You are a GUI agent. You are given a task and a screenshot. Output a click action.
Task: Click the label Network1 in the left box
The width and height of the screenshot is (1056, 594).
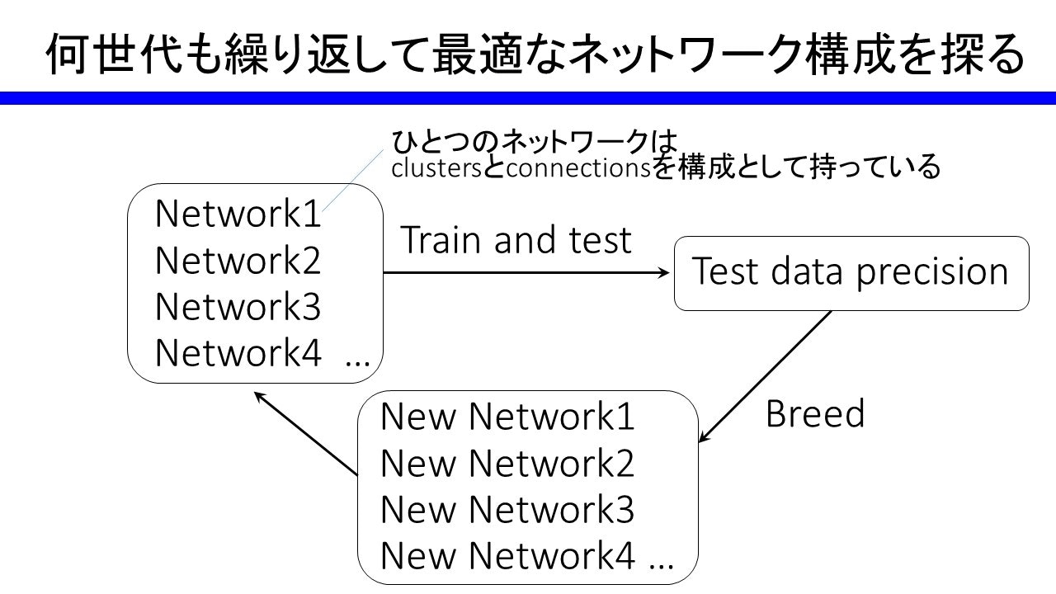coord(238,214)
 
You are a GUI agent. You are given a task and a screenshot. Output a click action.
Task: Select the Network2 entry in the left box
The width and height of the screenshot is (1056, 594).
coord(238,260)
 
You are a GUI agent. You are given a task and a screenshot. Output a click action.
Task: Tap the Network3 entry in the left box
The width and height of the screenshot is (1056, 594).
coord(238,306)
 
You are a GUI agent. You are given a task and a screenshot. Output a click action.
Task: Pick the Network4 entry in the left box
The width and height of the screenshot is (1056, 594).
coord(238,352)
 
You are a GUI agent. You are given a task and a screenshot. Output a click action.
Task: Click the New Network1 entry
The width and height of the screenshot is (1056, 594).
coord(507,417)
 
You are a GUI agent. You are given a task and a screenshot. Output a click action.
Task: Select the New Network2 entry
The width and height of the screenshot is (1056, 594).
coord(507,463)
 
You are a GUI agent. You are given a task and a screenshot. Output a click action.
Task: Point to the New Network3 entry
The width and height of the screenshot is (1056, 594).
coord(507,509)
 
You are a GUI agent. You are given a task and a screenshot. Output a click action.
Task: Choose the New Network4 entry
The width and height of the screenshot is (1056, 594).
coord(507,555)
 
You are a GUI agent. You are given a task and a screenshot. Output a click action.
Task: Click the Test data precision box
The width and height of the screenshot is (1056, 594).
coord(851,273)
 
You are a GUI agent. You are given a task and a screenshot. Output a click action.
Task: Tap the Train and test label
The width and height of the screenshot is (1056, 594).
coord(516,240)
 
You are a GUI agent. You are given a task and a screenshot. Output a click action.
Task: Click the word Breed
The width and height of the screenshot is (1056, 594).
coord(815,413)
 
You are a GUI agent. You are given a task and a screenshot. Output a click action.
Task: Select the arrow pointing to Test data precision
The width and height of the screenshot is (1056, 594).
coord(526,272)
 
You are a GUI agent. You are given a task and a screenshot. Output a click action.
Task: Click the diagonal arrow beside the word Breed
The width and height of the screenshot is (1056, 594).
coord(765,377)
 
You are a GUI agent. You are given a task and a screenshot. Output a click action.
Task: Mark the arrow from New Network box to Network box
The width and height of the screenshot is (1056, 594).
coord(305,433)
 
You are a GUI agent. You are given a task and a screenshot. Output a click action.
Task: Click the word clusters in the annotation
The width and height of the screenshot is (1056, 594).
coord(436,168)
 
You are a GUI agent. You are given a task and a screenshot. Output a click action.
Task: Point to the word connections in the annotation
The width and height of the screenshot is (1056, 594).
coord(578,168)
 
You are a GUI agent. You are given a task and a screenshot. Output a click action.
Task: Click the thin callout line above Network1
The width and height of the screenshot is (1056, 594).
coord(352,181)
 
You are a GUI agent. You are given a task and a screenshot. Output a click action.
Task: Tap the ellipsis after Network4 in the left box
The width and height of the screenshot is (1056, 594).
coord(357,364)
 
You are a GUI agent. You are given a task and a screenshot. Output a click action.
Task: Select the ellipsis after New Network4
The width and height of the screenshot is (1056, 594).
coord(661,566)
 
